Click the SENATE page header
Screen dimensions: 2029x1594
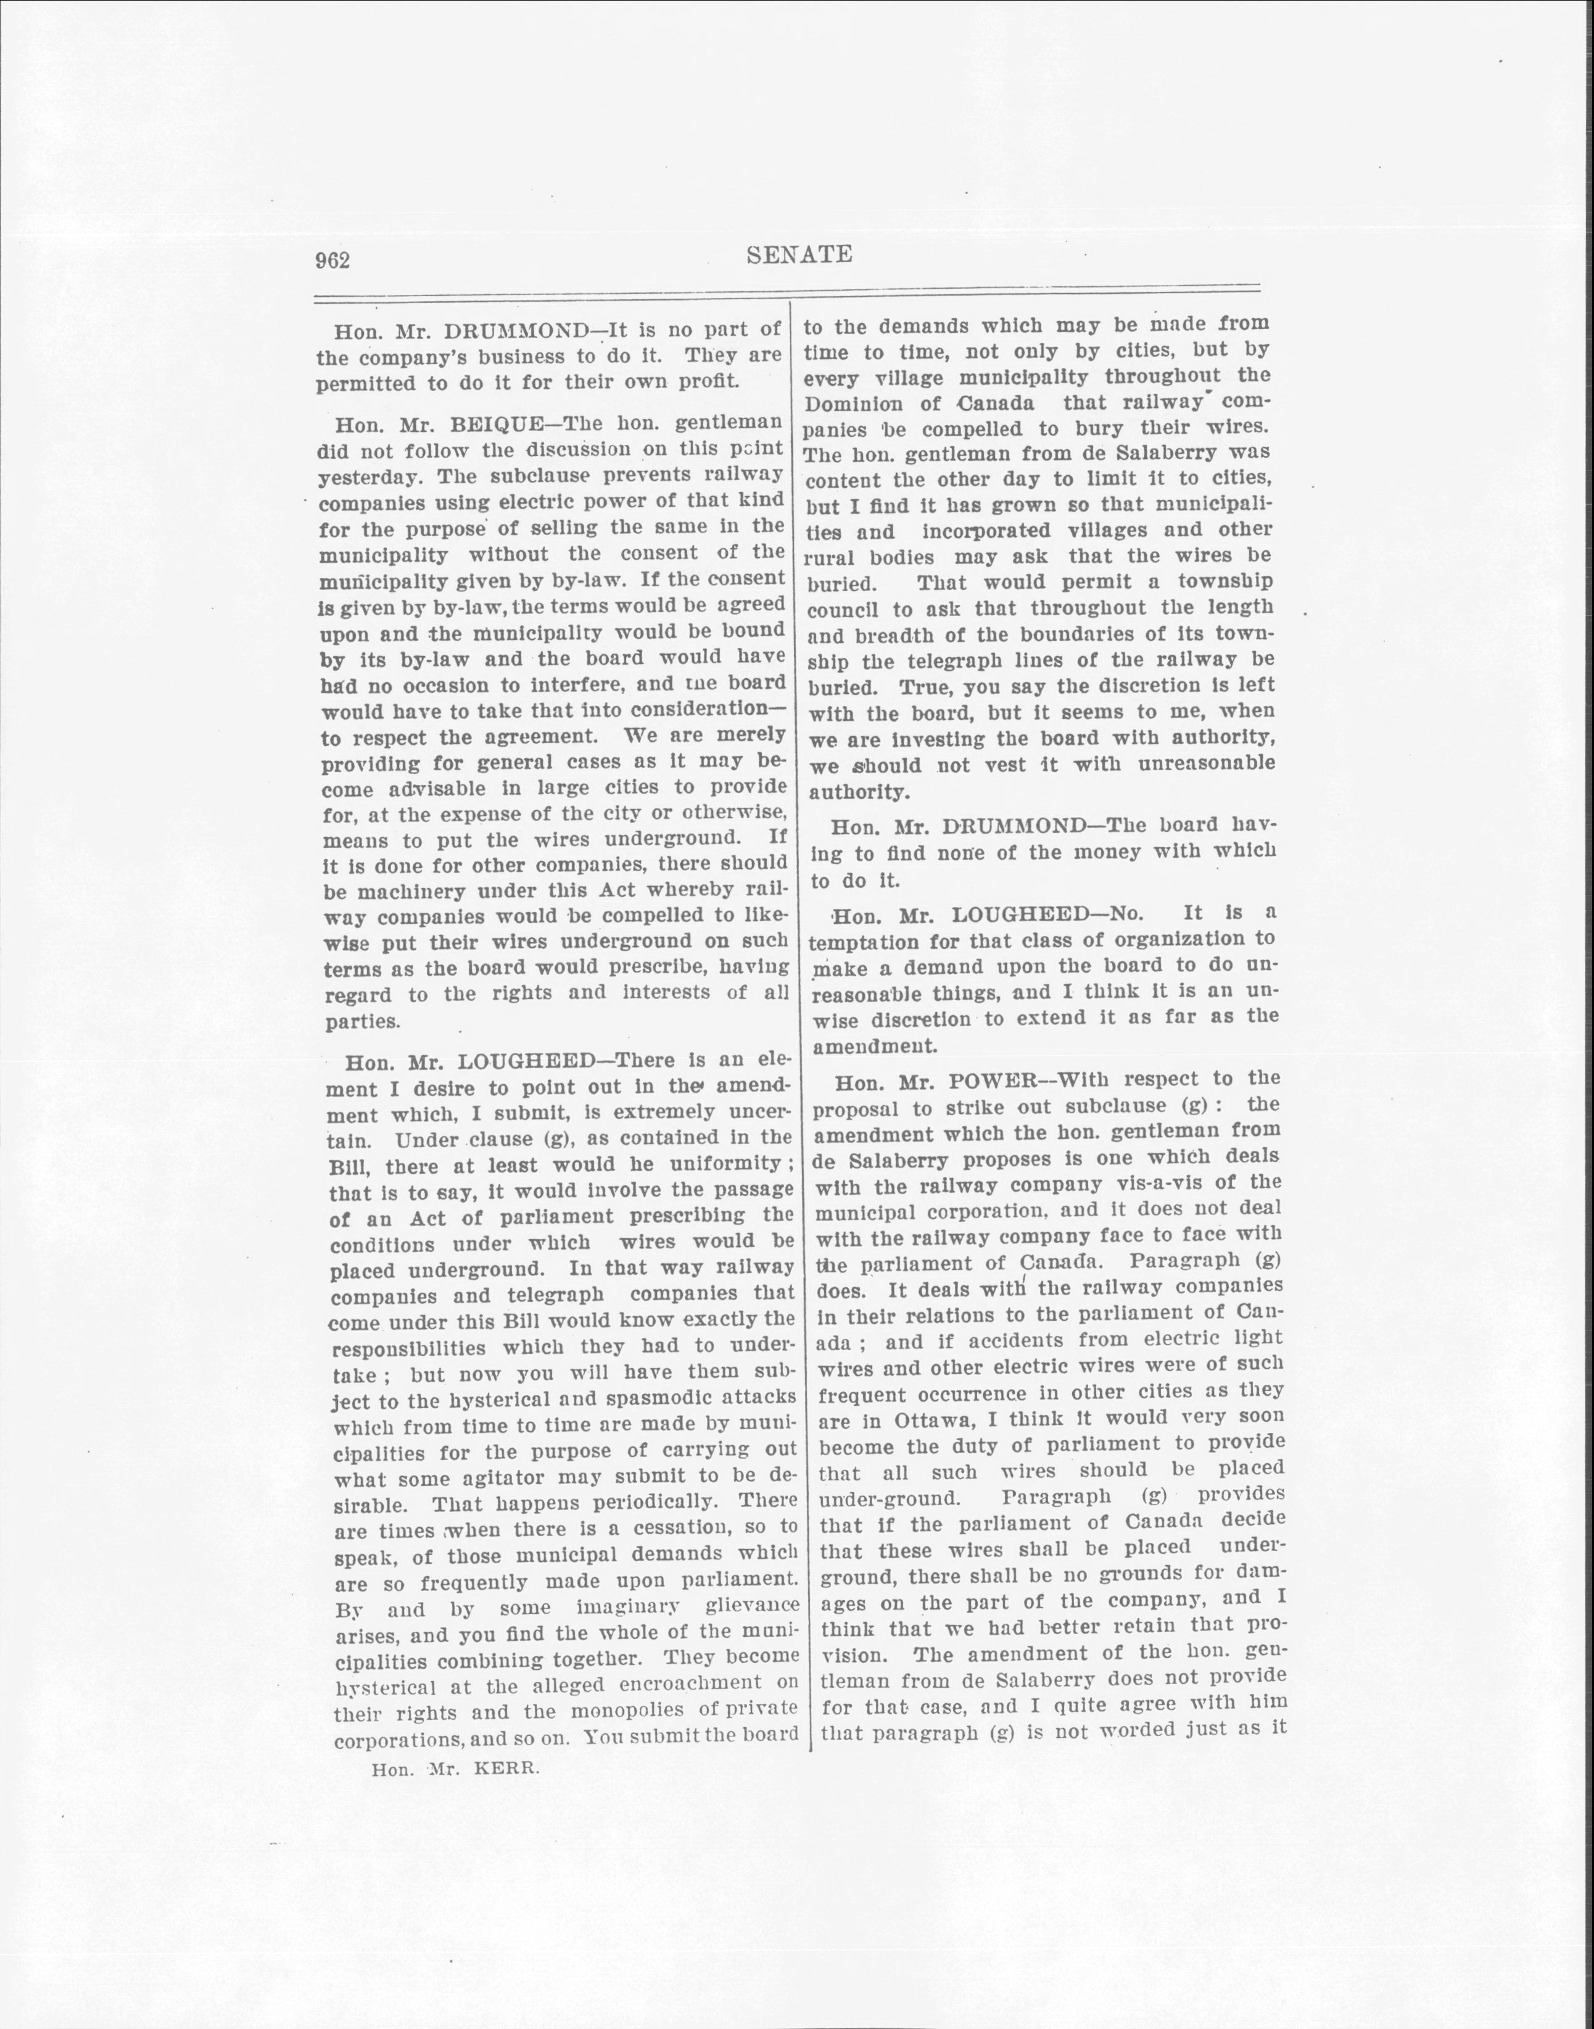(800, 255)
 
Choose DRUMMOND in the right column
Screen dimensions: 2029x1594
(1015, 826)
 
